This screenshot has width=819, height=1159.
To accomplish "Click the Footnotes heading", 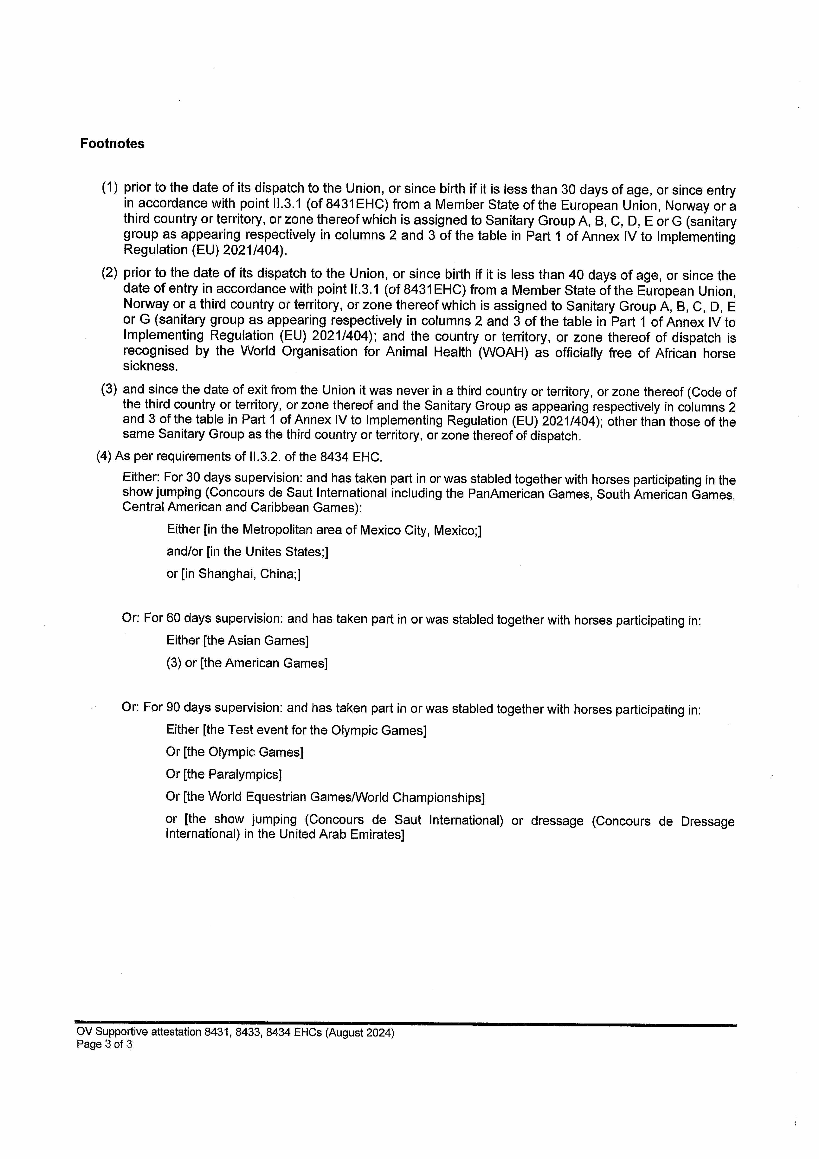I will (112, 144).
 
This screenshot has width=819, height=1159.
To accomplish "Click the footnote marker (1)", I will (110, 188).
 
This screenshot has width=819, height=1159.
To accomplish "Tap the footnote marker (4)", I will (104, 456).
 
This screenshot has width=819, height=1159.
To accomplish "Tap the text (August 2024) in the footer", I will (359, 1033).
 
